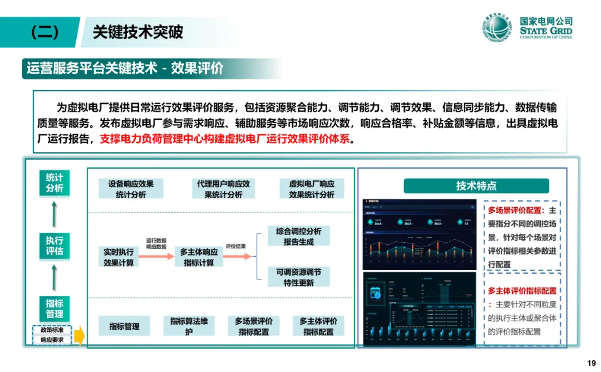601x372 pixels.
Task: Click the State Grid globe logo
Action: [x=496, y=30]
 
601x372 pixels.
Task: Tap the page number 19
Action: [x=591, y=363]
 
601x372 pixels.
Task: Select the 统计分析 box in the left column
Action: [x=55, y=183]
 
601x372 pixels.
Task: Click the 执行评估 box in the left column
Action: [x=55, y=246]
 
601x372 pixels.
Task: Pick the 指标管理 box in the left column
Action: [x=55, y=309]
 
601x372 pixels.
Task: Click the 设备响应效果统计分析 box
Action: [x=131, y=189]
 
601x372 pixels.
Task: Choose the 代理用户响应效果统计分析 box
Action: [x=223, y=189]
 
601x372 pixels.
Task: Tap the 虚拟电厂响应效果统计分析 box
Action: [x=312, y=189]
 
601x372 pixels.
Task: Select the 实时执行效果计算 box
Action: [x=119, y=257]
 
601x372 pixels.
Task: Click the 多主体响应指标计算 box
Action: [x=199, y=257]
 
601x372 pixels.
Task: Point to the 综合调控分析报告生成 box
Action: [x=298, y=236]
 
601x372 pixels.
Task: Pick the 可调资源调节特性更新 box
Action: [x=298, y=277]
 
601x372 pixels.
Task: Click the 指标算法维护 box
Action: [x=189, y=326]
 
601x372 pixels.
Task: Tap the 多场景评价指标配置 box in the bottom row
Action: [x=254, y=326]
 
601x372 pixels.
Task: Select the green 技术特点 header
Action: [x=476, y=186]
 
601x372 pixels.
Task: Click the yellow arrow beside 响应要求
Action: [x=79, y=336]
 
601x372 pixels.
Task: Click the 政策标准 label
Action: [x=52, y=330]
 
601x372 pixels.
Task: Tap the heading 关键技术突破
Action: [x=137, y=32]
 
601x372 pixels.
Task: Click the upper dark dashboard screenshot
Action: [x=420, y=232]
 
